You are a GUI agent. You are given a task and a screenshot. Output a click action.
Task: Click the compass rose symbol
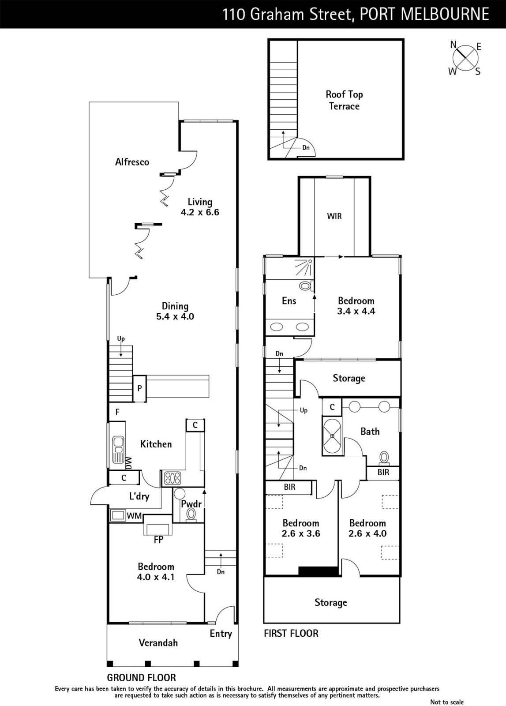click(465, 58)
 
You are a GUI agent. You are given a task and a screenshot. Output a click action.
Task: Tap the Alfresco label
click(132, 162)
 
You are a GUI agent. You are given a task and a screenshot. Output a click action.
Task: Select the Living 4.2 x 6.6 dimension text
click(200, 212)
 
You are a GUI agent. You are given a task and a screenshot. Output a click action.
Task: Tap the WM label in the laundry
click(134, 516)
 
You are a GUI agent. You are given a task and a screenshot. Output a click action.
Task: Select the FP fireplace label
click(158, 540)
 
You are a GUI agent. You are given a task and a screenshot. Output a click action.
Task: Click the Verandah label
click(158, 642)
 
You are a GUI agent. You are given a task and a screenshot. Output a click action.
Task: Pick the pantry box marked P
click(139, 389)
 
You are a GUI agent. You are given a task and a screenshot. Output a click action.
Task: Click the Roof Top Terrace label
click(344, 100)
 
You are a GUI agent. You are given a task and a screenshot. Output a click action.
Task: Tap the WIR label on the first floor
click(334, 216)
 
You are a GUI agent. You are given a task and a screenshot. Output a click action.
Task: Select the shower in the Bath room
click(332, 436)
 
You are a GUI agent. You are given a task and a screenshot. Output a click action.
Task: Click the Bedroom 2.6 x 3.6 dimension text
click(301, 533)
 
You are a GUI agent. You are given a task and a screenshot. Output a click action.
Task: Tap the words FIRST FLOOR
click(291, 634)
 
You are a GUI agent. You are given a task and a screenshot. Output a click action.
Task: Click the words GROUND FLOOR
click(142, 678)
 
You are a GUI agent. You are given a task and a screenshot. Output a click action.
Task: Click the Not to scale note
click(447, 702)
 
